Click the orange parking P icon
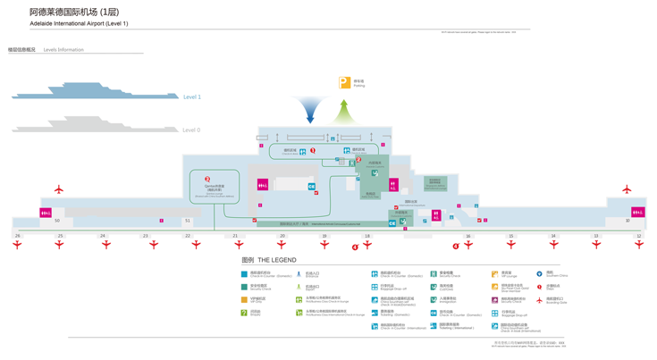[x=345, y=83]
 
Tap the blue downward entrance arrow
[x=310, y=110]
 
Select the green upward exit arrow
[x=343, y=112]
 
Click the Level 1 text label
[x=192, y=96]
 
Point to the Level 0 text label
[x=191, y=130]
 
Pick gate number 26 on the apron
[x=17, y=236]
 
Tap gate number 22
[x=188, y=236]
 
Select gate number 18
[x=366, y=236]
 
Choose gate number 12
[x=638, y=236]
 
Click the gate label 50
[x=57, y=221]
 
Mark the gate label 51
[x=188, y=221]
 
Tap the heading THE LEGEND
[x=269, y=260]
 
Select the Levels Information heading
[x=63, y=50]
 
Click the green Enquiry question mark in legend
[x=244, y=313]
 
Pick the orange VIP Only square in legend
[x=244, y=300]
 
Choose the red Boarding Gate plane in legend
[x=539, y=300]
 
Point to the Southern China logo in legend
[x=539, y=274]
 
